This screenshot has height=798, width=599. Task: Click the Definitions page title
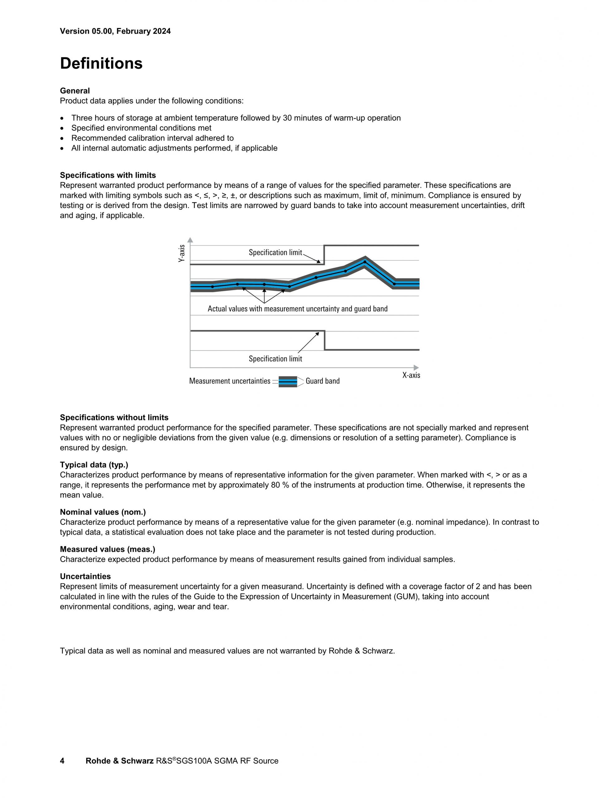point(101,64)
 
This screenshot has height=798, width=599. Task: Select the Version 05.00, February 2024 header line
point(115,31)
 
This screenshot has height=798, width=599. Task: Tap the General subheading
point(75,91)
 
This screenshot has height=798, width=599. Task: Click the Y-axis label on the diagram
point(182,253)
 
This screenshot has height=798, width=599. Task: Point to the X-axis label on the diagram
point(411,375)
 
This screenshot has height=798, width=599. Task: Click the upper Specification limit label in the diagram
point(275,253)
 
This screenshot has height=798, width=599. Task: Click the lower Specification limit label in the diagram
point(275,359)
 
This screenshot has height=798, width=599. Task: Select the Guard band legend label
point(323,381)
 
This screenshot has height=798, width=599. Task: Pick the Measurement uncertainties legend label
point(230,381)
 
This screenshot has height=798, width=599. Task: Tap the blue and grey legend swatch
point(288,381)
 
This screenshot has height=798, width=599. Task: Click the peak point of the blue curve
point(365,262)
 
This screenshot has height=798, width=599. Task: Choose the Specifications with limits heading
point(108,175)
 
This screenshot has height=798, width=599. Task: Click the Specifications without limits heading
point(114,418)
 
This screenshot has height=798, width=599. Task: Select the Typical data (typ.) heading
point(94,465)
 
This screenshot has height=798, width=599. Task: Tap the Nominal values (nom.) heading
point(103,512)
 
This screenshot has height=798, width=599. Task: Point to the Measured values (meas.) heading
point(108,549)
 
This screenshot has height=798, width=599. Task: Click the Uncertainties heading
point(85,576)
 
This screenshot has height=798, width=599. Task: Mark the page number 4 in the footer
point(62,761)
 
